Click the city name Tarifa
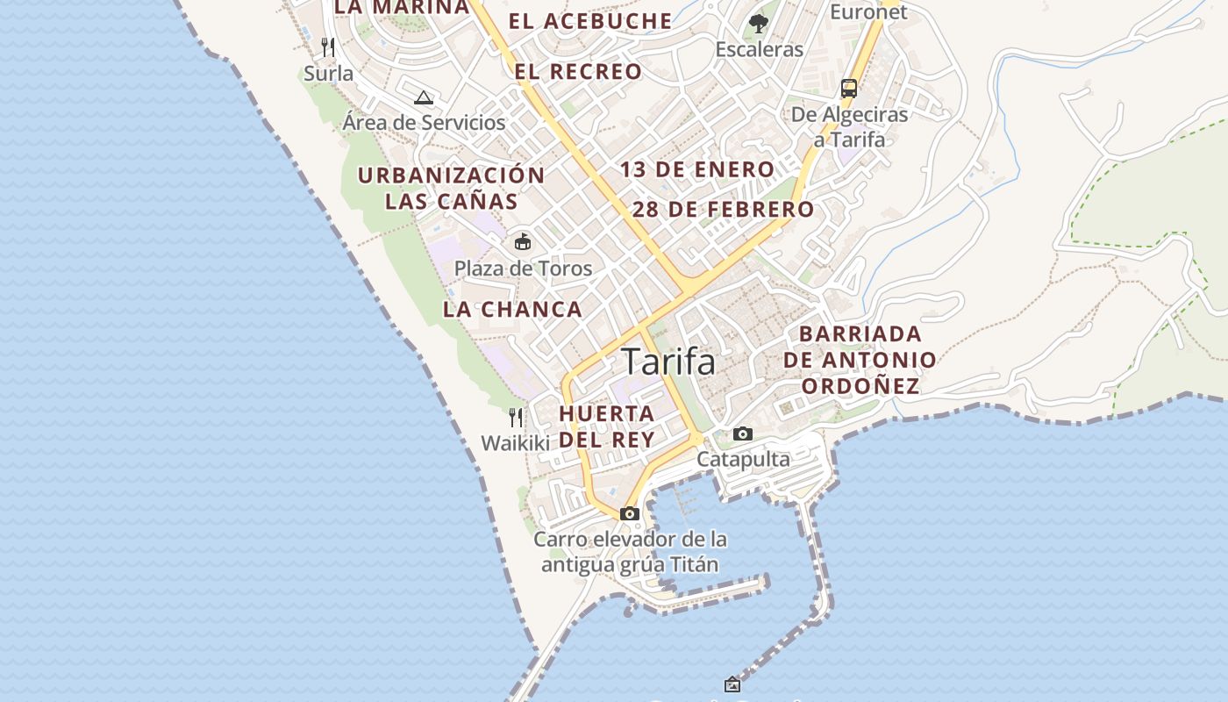coord(668,362)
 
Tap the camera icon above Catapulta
coord(742,433)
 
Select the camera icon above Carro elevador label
coord(629,513)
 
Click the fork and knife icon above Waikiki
coord(516,417)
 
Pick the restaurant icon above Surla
coord(328,47)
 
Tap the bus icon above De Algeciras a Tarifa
coord(848,88)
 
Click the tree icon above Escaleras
coord(759,24)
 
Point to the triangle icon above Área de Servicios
coord(424,97)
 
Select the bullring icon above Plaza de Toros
coord(523,241)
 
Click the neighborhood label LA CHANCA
coord(512,309)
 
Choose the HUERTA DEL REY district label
coord(607,426)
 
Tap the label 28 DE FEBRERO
coord(723,210)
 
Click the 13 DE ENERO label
coord(697,169)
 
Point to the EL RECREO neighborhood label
coord(578,72)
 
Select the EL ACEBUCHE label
coord(590,21)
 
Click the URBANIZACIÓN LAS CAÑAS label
coord(452,188)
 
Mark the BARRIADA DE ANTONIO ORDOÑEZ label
coord(860,360)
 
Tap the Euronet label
coord(868,11)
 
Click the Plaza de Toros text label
coord(523,269)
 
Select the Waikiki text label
coord(515,443)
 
